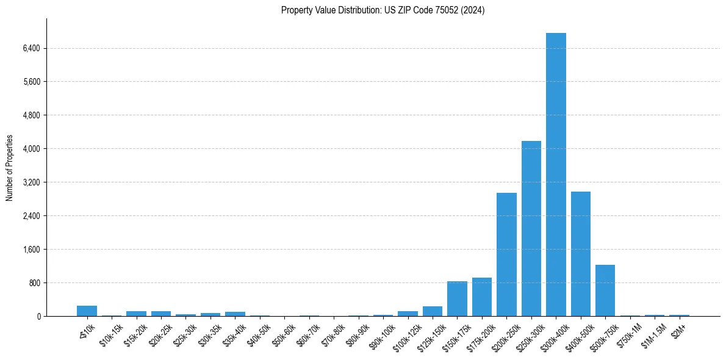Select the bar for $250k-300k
pyautogui.click(x=531, y=229)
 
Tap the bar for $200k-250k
pyautogui.click(x=506, y=254)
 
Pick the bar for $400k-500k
pyautogui.click(x=580, y=254)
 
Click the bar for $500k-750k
pyautogui.click(x=605, y=290)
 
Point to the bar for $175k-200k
pyautogui.click(x=482, y=297)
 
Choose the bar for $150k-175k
pyautogui.click(x=457, y=299)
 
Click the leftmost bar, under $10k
pyautogui.click(x=87, y=311)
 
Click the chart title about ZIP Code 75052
pyautogui.click(x=383, y=10)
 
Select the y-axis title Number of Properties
pyautogui.click(x=10, y=168)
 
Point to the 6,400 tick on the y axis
pyautogui.click(x=31, y=48)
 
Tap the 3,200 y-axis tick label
pyautogui.click(x=31, y=182)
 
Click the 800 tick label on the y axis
pyautogui.click(x=34, y=283)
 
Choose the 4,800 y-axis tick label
pyautogui.click(x=31, y=115)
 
